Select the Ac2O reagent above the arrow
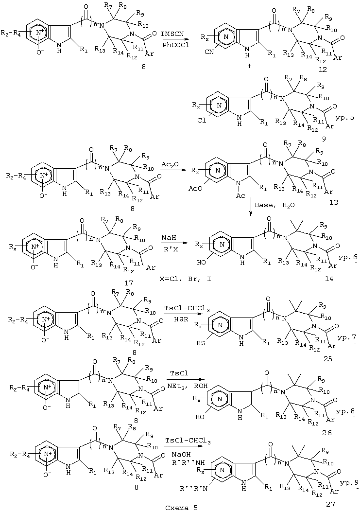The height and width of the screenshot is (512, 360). click(x=170, y=164)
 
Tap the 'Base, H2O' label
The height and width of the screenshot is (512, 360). click(x=271, y=206)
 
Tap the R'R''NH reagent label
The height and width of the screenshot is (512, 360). click(x=187, y=462)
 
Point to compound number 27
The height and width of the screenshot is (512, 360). click(x=330, y=504)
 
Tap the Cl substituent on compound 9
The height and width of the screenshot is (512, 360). click(x=202, y=121)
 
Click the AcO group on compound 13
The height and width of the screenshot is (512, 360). click(x=195, y=188)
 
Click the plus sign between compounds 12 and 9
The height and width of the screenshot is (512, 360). click(x=250, y=66)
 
